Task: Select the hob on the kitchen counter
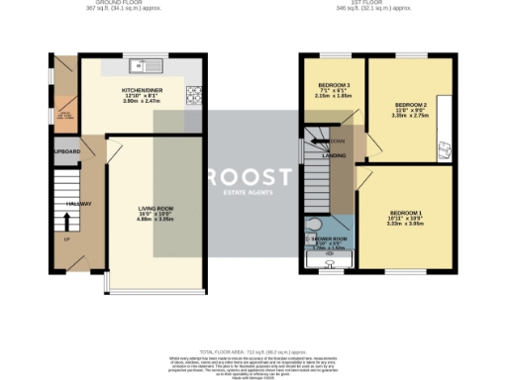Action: (x=195, y=96)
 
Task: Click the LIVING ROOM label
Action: (x=154, y=208)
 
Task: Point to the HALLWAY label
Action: (x=79, y=204)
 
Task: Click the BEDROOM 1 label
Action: (x=406, y=214)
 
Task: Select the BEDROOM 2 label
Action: (x=410, y=104)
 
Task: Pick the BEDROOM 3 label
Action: (x=328, y=85)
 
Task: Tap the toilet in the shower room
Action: (x=315, y=224)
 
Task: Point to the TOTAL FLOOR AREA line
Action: (x=253, y=351)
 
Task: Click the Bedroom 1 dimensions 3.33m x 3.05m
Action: (x=406, y=226)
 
